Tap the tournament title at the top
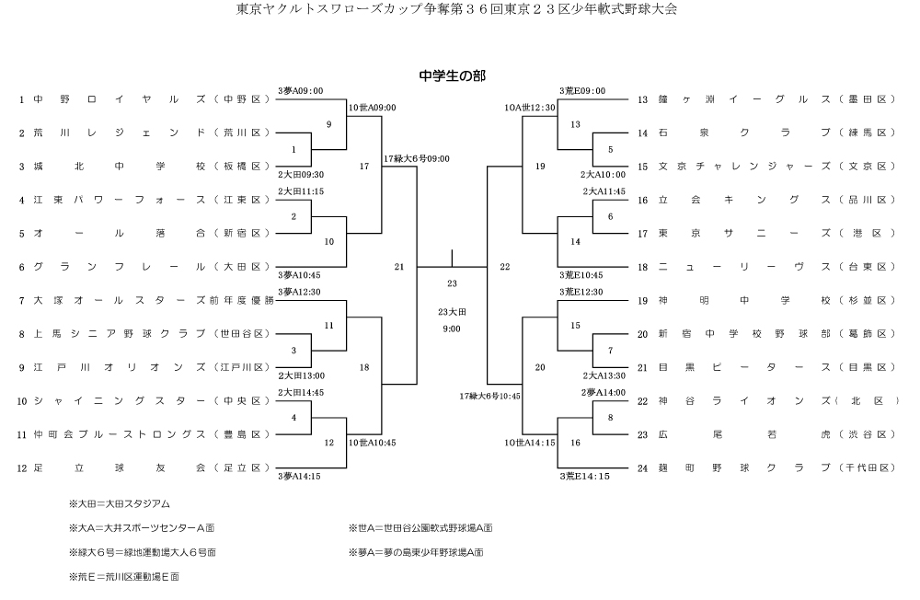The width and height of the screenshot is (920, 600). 456,11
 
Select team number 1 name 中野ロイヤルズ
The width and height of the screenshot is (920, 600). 119,99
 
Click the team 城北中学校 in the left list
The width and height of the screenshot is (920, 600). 119,167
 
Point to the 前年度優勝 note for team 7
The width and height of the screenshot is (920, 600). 242,300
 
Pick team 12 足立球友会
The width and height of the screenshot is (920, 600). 119,467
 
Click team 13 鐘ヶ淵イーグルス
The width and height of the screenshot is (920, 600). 746,99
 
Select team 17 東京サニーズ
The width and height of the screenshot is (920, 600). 746,233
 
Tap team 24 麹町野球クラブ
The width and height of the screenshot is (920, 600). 746,467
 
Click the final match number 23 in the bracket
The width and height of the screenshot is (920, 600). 452,283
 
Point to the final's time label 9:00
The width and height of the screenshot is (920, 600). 452,328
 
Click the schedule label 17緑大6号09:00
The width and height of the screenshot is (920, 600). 417,158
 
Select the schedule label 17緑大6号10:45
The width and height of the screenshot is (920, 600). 490,396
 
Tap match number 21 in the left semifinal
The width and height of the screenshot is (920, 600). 399,267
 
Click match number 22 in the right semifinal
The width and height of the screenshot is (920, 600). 504,267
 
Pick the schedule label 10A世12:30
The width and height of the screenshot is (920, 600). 529,108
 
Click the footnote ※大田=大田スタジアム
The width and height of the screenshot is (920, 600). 120,504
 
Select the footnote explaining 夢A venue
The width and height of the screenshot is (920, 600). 416,552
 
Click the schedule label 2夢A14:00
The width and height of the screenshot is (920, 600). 604,392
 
